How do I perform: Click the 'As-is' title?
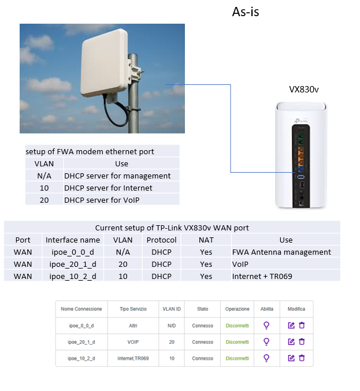point(246,12)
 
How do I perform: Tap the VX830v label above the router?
point(303,90)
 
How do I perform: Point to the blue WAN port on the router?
point(300,170)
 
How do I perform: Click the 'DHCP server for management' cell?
point(117,176)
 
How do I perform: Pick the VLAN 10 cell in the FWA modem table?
point(44,188)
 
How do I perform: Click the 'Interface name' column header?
point(73,240)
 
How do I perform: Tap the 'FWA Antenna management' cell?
point(281,252)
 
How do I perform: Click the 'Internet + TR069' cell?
point(262,276)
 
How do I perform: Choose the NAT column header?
point(206,240)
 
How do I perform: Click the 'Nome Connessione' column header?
point(81,309)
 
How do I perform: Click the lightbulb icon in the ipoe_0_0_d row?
point(266,325)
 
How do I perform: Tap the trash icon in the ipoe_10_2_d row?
point(302,358)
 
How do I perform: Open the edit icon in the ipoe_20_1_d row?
point(291,342)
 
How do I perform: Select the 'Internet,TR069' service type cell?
point(133,358)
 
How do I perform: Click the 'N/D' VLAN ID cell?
point(172,326)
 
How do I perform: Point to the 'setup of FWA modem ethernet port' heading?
point(90,151)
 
